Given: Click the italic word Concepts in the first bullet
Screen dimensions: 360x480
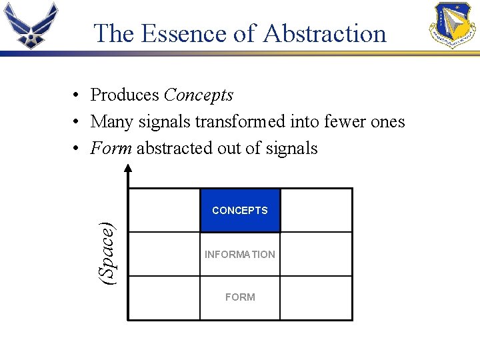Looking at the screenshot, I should tap(198, 95).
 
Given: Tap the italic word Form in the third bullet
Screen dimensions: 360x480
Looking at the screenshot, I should tap(111, 148).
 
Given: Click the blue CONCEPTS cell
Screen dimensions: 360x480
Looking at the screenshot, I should tap(240, 211).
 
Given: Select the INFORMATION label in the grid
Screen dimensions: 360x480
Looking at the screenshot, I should tap(240, 255).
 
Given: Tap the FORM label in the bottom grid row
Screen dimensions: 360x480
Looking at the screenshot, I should tap(240, 297).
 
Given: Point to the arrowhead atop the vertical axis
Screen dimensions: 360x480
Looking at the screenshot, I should tap(128, 175).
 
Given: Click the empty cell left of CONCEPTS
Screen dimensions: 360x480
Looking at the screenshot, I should tap(164, 211).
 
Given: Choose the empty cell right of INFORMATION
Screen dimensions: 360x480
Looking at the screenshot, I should tap(316, 255).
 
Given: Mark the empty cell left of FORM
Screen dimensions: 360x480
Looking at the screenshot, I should tap(164, 297).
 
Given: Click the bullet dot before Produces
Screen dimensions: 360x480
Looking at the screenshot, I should tap(77, 96).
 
